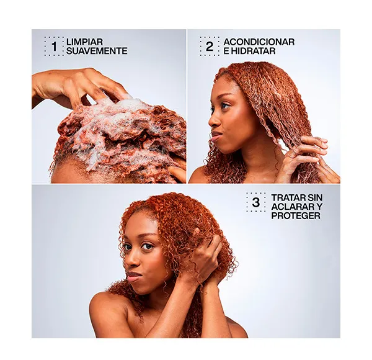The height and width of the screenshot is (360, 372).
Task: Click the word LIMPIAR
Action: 84,42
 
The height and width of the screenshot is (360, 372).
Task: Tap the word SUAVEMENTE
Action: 97,51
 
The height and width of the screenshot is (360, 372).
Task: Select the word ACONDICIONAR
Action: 259,42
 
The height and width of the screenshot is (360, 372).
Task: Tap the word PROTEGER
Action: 296,215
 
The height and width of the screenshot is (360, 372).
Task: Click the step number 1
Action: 55,47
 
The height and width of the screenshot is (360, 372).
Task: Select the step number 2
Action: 210,47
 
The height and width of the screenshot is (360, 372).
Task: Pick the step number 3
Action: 255,202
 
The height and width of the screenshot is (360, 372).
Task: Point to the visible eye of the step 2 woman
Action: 226,106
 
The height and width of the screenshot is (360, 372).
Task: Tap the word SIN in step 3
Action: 314,197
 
